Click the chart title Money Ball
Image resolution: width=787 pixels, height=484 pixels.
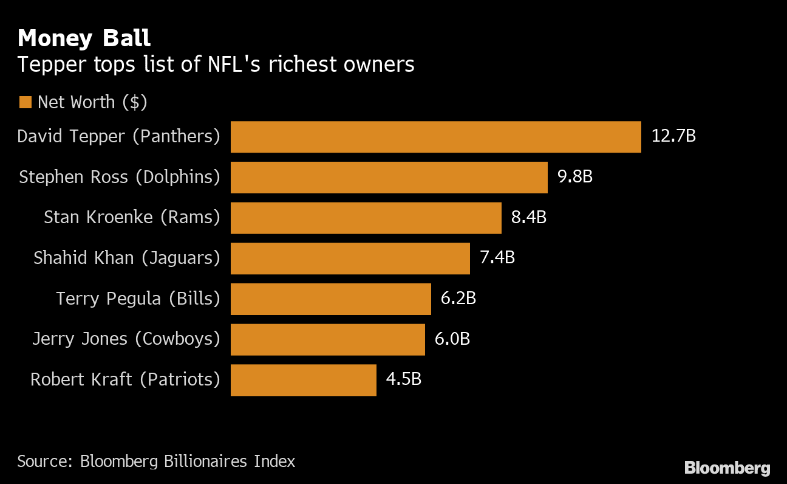point(84,38)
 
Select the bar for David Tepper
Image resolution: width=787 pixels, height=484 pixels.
point(435,137)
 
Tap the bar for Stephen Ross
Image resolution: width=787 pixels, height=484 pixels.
point(389,177)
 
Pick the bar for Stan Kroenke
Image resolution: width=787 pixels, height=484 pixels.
point(366,218)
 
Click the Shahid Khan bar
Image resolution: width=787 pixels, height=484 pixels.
point(350,258)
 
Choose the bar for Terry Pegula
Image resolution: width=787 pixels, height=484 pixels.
point(330,299)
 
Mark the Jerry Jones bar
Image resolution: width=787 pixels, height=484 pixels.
point(327,339)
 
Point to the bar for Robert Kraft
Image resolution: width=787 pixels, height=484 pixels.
point(303,380)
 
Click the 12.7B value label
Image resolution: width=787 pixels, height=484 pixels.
point(673,136)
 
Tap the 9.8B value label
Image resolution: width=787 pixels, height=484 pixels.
point(574,176)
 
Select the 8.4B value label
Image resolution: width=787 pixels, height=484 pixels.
point(528,217)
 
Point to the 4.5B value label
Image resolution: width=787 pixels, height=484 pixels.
point(403,379)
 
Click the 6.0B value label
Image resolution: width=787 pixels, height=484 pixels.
point(452,339)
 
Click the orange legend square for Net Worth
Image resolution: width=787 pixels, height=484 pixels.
point(25,102)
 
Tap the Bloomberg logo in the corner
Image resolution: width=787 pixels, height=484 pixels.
point(727,468)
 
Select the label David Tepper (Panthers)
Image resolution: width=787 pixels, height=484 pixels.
point(118,136)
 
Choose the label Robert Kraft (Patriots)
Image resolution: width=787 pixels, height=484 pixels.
point(125,379)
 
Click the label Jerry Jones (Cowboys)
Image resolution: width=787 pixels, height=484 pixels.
point(126,339)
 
